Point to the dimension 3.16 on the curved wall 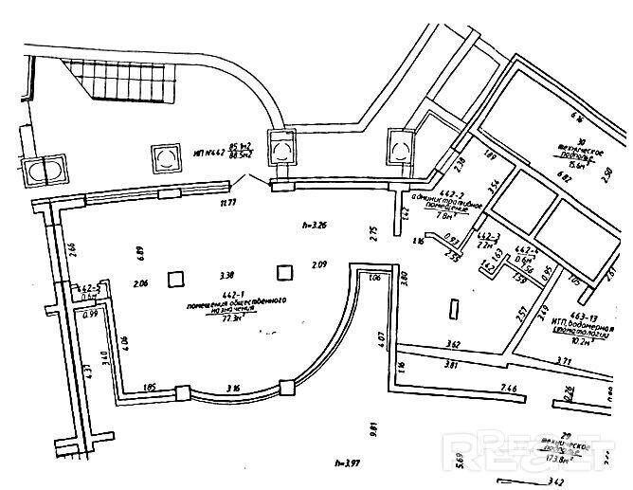coord(233,387)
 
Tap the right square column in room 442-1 coord(283,272)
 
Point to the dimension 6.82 coord(564,177)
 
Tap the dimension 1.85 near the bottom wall coord(149,387)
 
